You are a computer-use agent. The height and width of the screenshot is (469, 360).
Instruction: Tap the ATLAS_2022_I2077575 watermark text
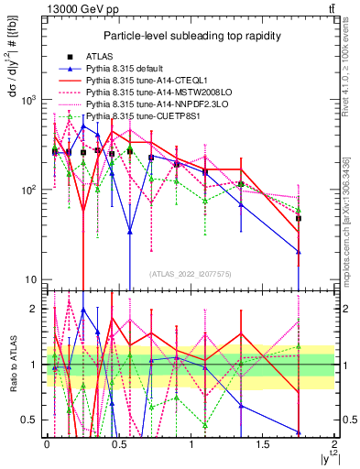[191, 274]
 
